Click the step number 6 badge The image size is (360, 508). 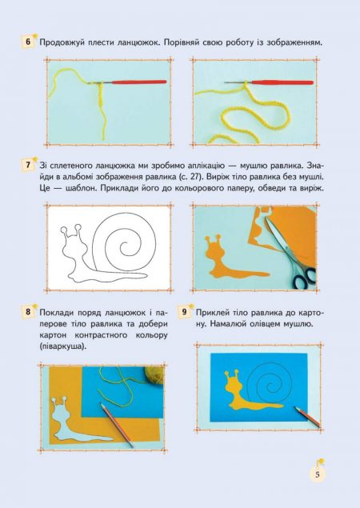click(28, 42)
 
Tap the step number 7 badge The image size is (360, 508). click(28, 165)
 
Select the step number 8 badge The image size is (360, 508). click(28, 312)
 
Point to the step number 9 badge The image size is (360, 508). click(184, 312)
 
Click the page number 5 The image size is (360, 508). click(318, 474)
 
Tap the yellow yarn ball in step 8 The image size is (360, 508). click(154, 375)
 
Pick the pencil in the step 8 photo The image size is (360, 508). click(117, 425)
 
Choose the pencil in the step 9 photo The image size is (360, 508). click(308, 417)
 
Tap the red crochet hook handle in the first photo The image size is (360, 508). click(139, 82)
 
